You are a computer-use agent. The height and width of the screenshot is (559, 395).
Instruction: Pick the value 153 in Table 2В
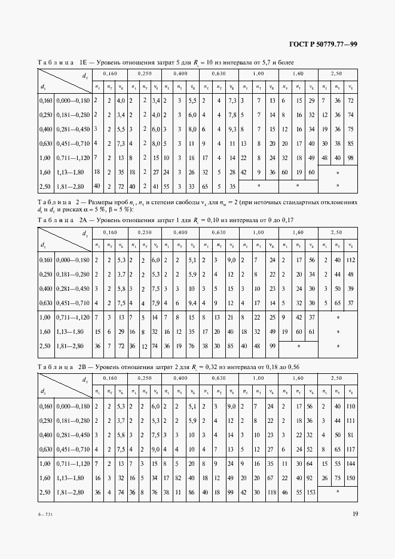(x=311, y=492)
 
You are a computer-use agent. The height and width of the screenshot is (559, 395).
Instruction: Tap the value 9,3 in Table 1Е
(x=232, y=129)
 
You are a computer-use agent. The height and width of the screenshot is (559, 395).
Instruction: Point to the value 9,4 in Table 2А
(x=194, y=303)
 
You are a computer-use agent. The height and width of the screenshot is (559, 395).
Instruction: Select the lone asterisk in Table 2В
(x=337, y=492)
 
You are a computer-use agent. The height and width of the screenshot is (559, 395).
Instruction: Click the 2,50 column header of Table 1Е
(x=337, y=73)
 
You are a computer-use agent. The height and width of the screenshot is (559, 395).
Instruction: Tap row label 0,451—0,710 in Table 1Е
(x=72, y=143)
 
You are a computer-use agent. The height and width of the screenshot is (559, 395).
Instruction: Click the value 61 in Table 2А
(x=311, y=331)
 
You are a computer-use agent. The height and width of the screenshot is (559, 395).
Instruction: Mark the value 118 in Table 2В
(x=272, y=492)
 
